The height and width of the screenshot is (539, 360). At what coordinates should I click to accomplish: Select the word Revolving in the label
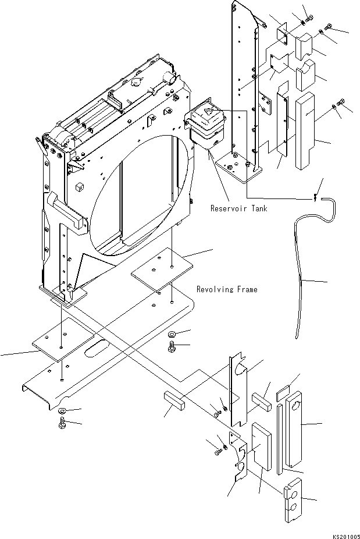point(215,289)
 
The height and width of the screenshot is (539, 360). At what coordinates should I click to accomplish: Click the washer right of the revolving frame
point(173,335)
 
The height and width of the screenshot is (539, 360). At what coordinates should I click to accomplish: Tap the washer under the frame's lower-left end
point(63,412)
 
